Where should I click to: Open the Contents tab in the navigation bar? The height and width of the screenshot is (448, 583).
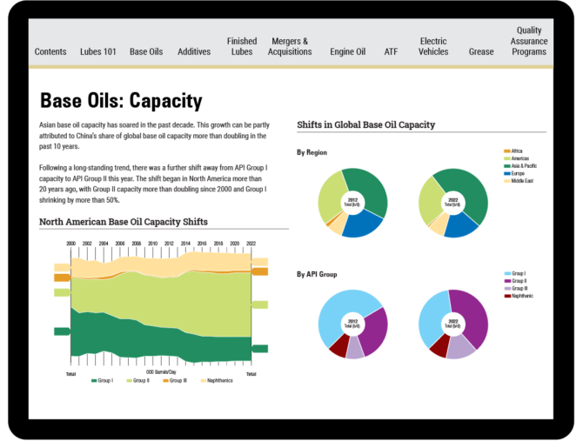point(50,51)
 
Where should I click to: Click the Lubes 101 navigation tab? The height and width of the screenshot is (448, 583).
point(97,51)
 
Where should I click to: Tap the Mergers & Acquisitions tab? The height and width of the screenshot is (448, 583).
point(290,46)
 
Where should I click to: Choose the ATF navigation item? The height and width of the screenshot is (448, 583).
point(392,51)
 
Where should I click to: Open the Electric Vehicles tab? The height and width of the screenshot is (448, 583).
point(433,46)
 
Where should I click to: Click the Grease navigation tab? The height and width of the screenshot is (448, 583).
point(481,51)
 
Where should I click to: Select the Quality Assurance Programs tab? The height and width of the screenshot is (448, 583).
point(529,41)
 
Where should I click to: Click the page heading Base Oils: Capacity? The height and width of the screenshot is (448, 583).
point(121,101)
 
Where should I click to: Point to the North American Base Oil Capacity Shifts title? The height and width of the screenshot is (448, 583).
point(124,222)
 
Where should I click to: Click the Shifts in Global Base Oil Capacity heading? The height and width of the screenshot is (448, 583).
point(365,124)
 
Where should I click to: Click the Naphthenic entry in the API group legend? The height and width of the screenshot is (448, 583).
point(522,296)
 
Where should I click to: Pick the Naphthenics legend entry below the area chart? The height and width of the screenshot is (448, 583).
point(218,380)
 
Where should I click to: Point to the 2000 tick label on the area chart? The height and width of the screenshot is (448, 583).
point(71,244)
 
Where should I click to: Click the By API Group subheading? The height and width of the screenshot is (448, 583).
point(317,274)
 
